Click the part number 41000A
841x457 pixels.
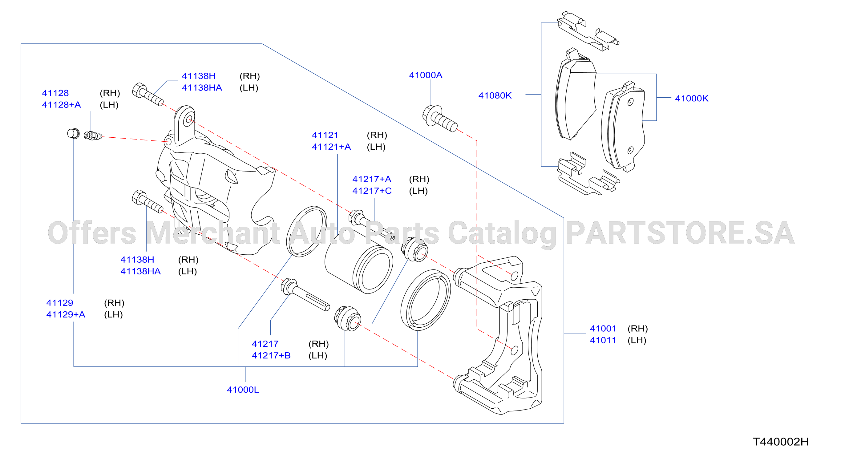coord(425,75)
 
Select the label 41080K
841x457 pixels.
coord(495,95)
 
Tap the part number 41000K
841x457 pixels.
coord(691,98)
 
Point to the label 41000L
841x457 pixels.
coord(243,390)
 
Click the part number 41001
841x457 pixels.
coord(603,328)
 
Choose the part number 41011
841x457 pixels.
coord(603,340)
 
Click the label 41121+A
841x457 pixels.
coord(331,147)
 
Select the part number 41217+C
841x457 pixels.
coord(372,191)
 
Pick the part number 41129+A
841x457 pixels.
coord(66,314)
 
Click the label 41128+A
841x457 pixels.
coord(61,104)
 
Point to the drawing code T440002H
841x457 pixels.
coord(780,442)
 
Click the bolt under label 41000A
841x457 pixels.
coord(440,119)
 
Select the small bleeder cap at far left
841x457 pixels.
coord(73,134)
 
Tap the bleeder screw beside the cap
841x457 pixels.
coord(93,135)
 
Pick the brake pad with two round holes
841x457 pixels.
coord(623,126)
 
